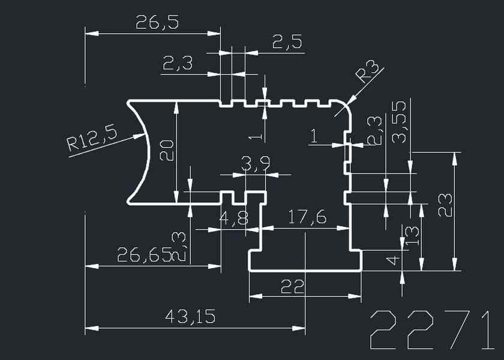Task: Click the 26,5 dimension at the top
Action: point(157,23)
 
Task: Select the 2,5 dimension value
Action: point(287,42)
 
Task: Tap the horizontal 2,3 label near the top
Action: point(177,62)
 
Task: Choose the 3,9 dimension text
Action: point(255,163)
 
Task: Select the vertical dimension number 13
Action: point(412,237)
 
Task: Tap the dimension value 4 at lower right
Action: point(392,260)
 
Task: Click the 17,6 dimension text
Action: point(307,217)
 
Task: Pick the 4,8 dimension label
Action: point(234,218)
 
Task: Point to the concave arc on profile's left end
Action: point(146,152)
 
